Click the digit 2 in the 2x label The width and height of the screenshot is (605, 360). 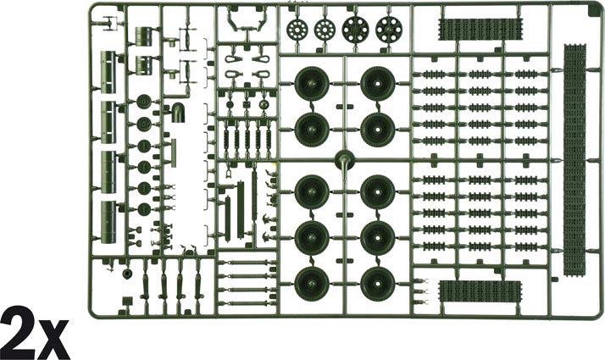18,333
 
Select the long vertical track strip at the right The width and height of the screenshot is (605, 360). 574,160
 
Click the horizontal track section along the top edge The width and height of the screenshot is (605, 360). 480,30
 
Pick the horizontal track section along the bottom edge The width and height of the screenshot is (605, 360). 480,291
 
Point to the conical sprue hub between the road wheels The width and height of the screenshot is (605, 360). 345,159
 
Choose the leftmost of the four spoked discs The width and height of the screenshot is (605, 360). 297,29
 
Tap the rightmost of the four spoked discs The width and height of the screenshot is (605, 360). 389,30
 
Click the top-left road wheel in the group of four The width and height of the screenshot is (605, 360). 312,84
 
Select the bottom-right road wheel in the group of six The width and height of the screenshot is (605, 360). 377,284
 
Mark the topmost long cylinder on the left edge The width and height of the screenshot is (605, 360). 108,72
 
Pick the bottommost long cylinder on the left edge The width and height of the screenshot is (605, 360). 108,222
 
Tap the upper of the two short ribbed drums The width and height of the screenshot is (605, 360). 144,36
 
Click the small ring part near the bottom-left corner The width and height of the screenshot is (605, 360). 127,274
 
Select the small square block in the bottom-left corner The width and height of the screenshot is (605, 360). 126,302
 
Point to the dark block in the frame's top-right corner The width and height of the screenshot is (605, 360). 592,11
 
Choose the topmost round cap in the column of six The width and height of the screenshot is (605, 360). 144,102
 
